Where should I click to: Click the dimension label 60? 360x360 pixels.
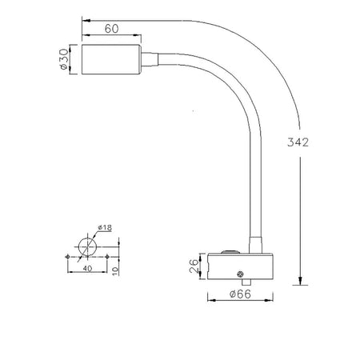pyautogui.click(x=111, y=29)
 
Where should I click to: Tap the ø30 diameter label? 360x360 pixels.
pyautogui.click(x=64, y=59)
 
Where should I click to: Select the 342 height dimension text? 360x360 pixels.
pyautogui.click(x=298, y=142)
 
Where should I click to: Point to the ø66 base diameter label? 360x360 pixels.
pyautogui.click(x=240, y=294)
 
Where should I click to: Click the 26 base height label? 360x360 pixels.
pyautogui.click(x=194, y=266)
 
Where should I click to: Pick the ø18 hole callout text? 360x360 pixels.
pyautogui.click(x=105, y=228)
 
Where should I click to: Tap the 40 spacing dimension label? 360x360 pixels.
pyautogui.click(x=87, y=268)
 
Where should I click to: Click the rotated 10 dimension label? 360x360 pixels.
pyautogui.click(x=115, y=271)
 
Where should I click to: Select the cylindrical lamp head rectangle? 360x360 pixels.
pyautogui.click(x=111, y=59)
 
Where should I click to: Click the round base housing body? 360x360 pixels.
pyautogui.click(x=240, y=266)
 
